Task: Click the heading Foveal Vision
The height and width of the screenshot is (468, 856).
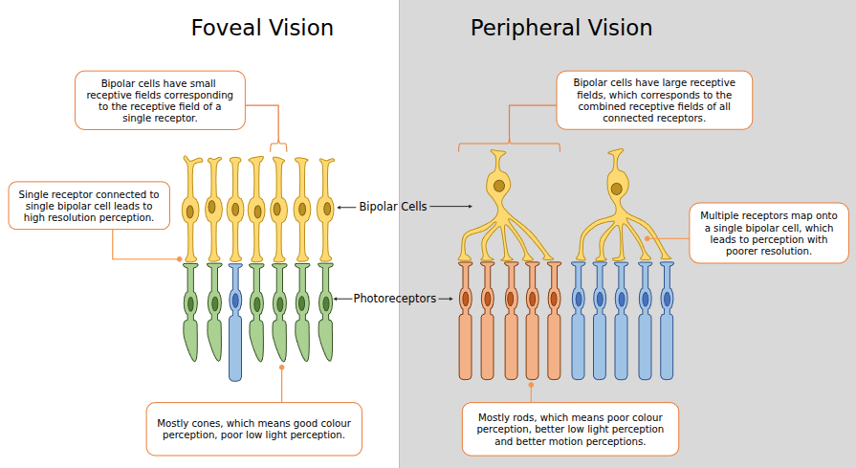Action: [262, 28]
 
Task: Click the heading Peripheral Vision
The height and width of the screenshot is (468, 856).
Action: [561, 28]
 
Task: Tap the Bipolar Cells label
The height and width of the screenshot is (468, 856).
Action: [393, 206]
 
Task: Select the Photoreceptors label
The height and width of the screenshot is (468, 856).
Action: [394, 299]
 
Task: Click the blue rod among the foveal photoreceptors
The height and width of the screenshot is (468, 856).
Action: [235, 321]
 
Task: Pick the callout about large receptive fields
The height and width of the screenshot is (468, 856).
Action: [654, 100]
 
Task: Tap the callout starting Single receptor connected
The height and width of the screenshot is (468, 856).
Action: [89, 206]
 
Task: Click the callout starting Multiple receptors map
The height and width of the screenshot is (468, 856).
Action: [768, 233]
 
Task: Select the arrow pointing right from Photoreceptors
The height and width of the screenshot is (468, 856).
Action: [446, 299]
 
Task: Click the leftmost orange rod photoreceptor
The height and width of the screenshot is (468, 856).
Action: [466, 321]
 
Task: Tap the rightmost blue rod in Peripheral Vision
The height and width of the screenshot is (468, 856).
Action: [667, 321]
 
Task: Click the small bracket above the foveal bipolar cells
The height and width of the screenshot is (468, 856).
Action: [278, 145]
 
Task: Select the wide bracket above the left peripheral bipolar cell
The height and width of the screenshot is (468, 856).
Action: [509, 145]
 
